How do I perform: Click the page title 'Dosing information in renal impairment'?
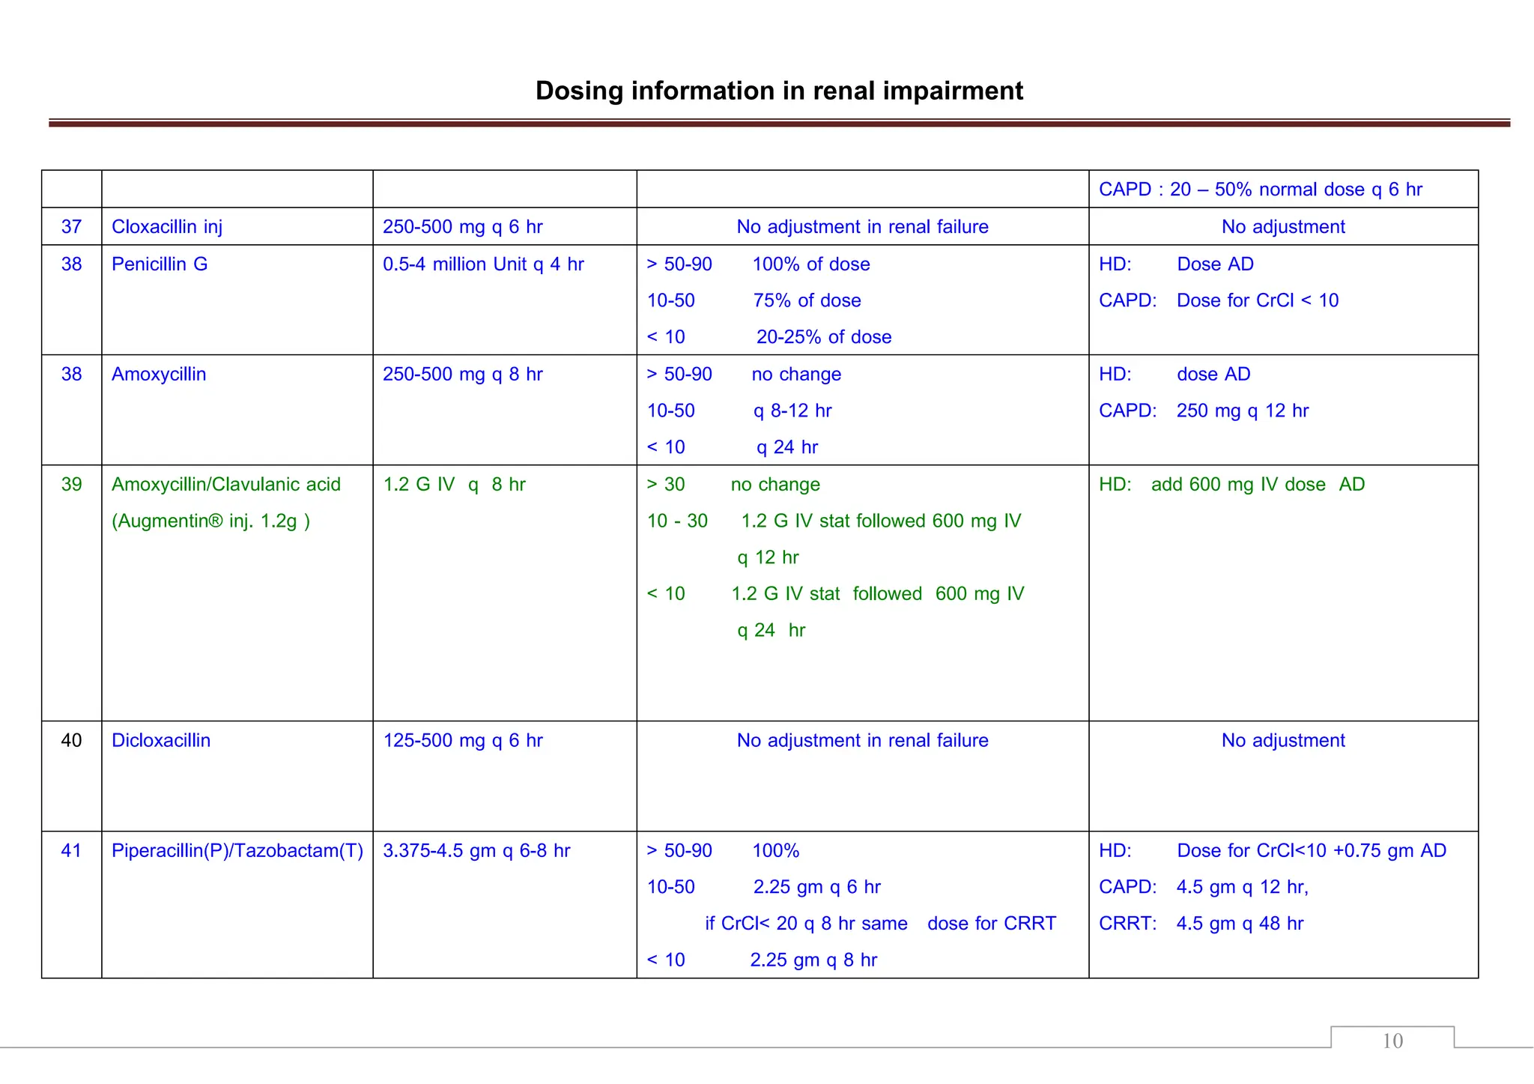click(x=779, y=91)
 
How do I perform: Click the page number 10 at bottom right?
click(x=1392, y=1041)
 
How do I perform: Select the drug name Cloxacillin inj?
click(x=167, y=226)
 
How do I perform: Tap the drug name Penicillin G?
click(x=160, y=264)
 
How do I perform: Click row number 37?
click(x=71, y=226)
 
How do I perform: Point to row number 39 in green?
click(x=71, y=484)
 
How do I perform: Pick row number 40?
click(x=71, y=740)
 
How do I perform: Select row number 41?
click(x=71, y=850)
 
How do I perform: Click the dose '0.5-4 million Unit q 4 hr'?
click(x=483, y=264)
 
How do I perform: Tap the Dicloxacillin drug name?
click(x=161, y=740)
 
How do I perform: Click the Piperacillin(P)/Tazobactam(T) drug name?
click(x=237, y=850)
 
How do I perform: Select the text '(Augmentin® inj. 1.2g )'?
click(x=210, y=521)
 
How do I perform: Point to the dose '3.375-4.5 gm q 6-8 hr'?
click(x=476, y=850)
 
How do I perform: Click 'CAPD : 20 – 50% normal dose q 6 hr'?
click(x=1260, y=189)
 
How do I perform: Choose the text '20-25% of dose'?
click(x=824, y=337)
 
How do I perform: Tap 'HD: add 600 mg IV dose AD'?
click(x=1231, y=484)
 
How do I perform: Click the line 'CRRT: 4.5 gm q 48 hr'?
click(x=1201, y=923)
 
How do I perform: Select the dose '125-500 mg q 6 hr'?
click(x=463, y=740)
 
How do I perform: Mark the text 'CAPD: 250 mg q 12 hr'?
click(x=1204, y=411)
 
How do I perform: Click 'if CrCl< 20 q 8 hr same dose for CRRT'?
click(x=880, y=923)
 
